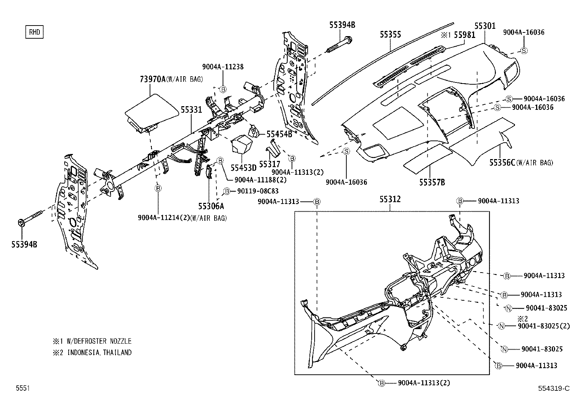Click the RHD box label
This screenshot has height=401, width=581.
pos(34,32)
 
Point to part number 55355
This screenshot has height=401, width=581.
pos(390,34)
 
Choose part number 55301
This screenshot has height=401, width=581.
pos(485,26)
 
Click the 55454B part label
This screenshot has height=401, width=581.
pos(279,134)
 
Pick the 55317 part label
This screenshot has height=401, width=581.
pos(269,165)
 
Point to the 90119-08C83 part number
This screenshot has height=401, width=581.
pos(258,191)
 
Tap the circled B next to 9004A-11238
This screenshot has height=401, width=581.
pos(223,89)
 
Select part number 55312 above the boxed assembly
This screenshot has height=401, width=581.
pos(390,199)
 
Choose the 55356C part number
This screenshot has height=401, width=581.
pos(502,163)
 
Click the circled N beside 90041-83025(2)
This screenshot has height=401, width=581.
pos(501,326)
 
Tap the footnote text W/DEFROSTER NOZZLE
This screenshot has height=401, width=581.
pos(99,341)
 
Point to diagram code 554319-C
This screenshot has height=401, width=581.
pos(553,388)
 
